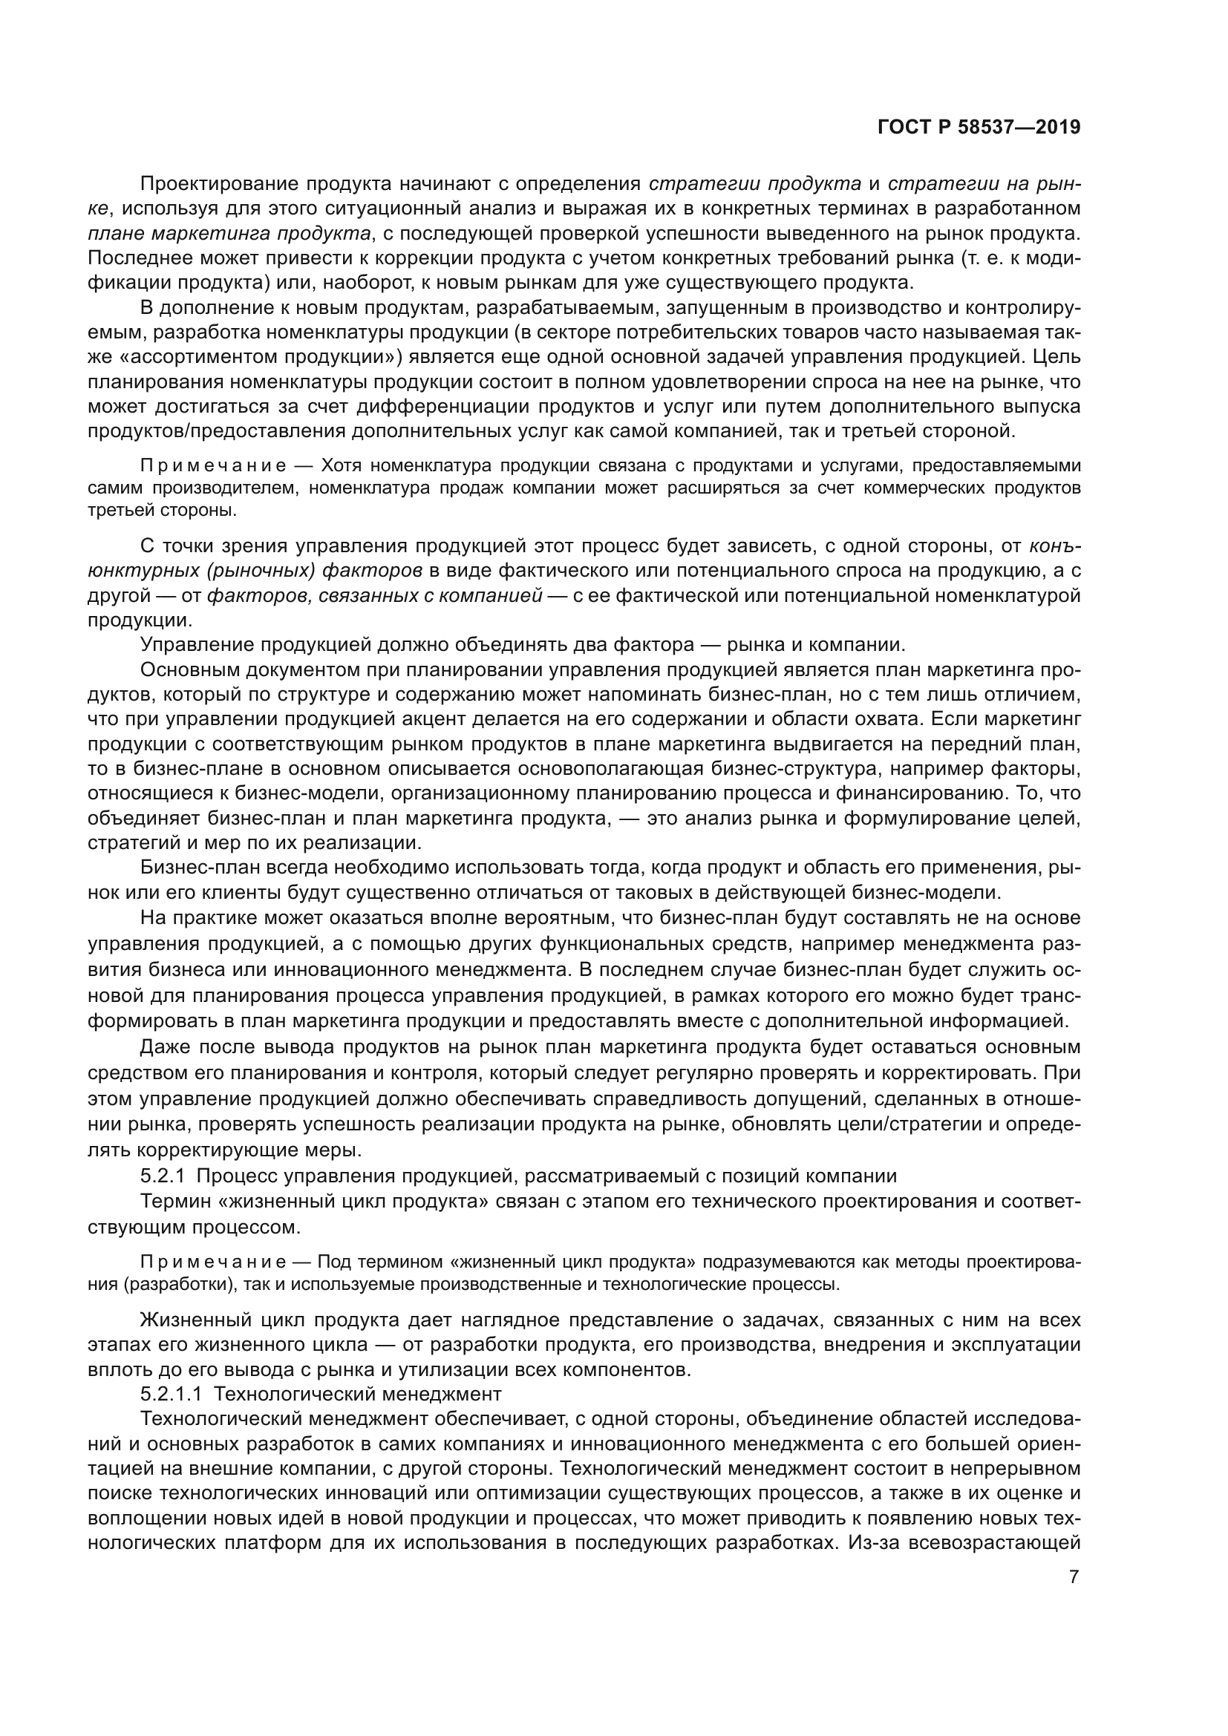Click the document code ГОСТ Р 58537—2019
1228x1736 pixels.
(x=979, y=127)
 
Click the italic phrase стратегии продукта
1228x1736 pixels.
(x=754, y=184)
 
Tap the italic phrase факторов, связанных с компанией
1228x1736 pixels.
(x=374, y=596)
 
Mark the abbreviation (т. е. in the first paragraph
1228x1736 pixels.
(x=984, y=258)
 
